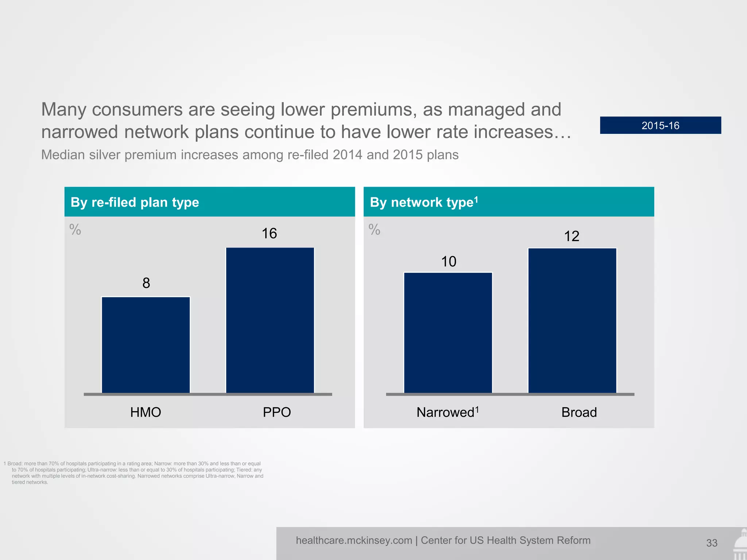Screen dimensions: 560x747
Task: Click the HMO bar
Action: tap(146, 345)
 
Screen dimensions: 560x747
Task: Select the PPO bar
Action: tap(270, 320)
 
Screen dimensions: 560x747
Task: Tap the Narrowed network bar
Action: tap(448, 332)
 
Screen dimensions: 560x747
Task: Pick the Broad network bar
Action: tap(572, 320)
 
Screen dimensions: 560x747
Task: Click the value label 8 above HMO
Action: tap(146, 283)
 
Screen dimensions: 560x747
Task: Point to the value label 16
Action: tap(270, 233)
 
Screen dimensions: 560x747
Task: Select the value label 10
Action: tap(449, 261)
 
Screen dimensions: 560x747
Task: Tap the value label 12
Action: tap(572, 236)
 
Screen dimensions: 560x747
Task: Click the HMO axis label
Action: tap(146, 412)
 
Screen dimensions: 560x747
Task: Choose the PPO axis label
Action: tap(277, 412)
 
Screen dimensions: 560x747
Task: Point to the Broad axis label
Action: tap(579, 412)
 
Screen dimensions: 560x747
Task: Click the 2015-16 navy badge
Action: tap(660, 125)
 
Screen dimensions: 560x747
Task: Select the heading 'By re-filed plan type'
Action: tap(135, 202)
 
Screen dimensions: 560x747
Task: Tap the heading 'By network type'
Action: tap(423, 202)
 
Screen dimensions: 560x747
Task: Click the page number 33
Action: tap(712, 543)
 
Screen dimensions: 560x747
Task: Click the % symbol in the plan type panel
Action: tap(76, 230)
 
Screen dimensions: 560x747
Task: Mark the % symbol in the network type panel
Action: tap(375, 230)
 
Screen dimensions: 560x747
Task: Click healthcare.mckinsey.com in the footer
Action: tap(354, 540)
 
